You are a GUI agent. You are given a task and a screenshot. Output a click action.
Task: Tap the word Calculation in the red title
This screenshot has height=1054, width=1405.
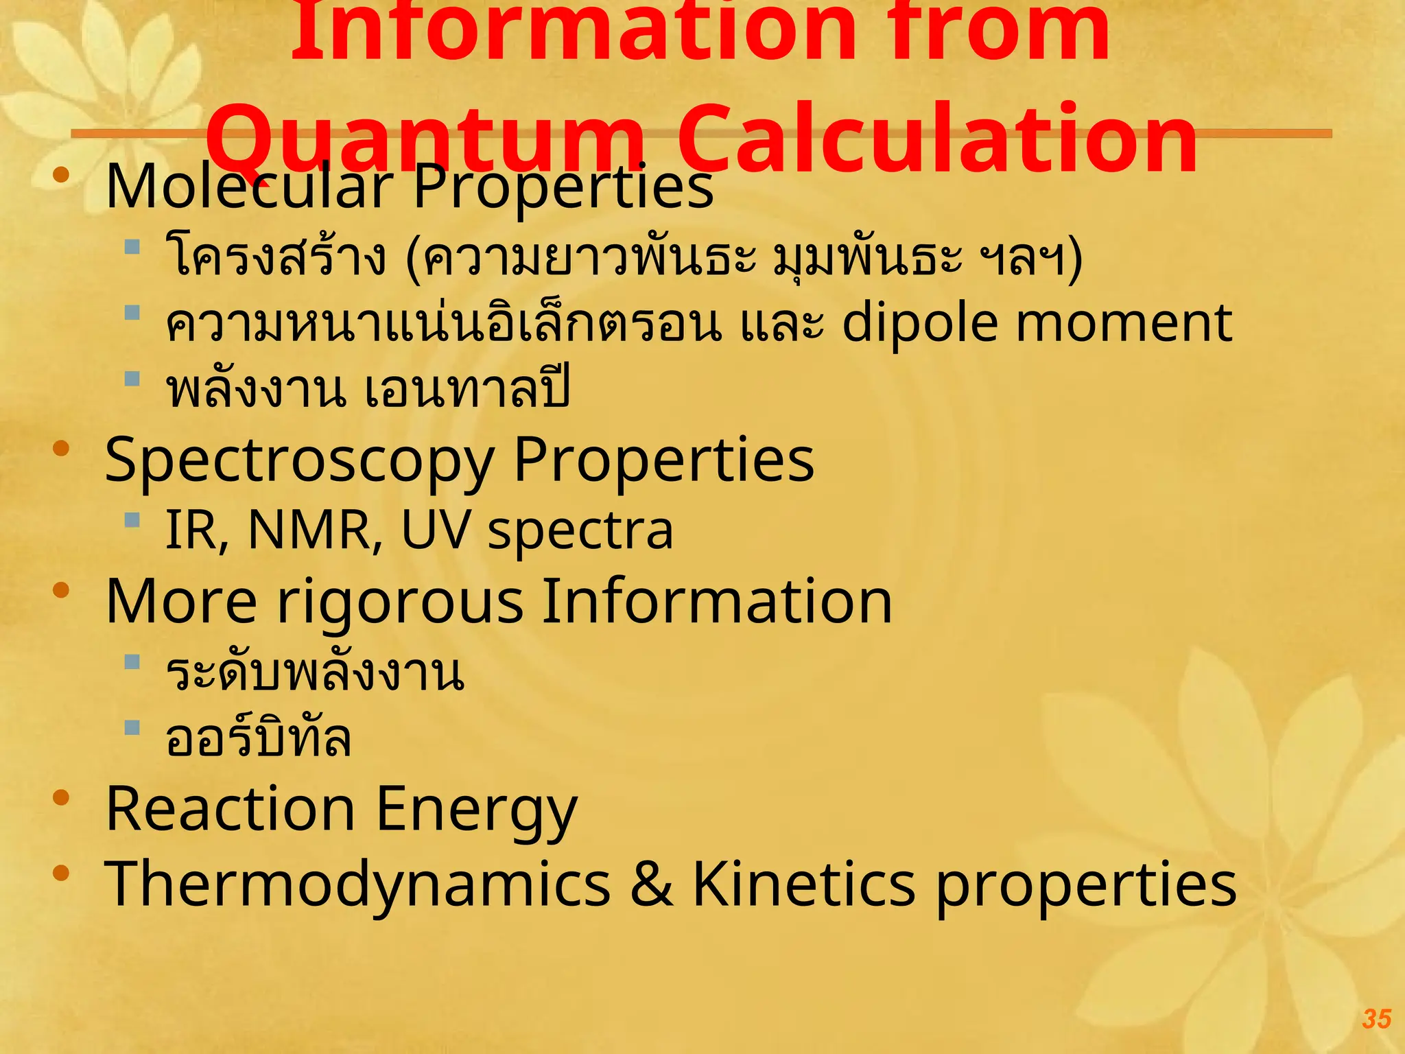[x=937, y=139]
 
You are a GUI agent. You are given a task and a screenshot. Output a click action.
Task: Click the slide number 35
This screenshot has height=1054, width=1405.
[x=1376, y=1019]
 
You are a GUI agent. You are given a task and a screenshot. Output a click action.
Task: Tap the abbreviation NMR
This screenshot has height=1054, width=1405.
[x=314, y=530]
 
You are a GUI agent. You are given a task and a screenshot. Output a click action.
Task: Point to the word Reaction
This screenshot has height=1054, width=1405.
[x=231, y=809]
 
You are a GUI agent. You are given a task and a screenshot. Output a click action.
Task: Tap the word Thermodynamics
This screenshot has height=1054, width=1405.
[x=357, y=885]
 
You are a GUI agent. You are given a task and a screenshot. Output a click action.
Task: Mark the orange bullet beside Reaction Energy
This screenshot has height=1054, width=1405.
[x=62, y=797]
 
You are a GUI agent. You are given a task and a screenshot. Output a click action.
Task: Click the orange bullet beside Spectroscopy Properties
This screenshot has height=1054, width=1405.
[x=62, y=449]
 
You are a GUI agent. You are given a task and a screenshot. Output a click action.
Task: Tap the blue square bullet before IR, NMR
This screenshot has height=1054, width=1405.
[x=132, y=520]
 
